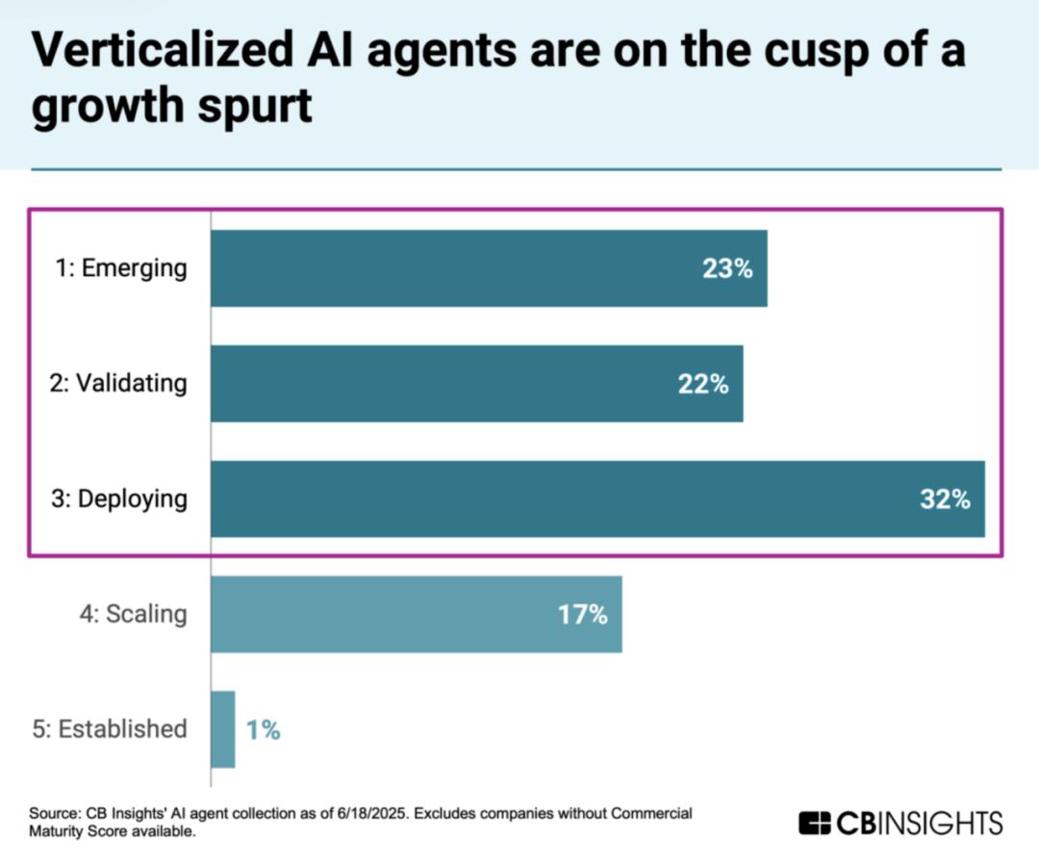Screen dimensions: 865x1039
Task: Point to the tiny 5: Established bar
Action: (222, 729)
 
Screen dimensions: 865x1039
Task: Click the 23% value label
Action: (726, 269)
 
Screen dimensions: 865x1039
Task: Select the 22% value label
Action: (702, 385)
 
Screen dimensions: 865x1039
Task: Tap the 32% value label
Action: (944, 500)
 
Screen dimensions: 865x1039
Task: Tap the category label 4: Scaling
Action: (134, 614)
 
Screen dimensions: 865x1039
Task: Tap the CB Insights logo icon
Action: (814, 824)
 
